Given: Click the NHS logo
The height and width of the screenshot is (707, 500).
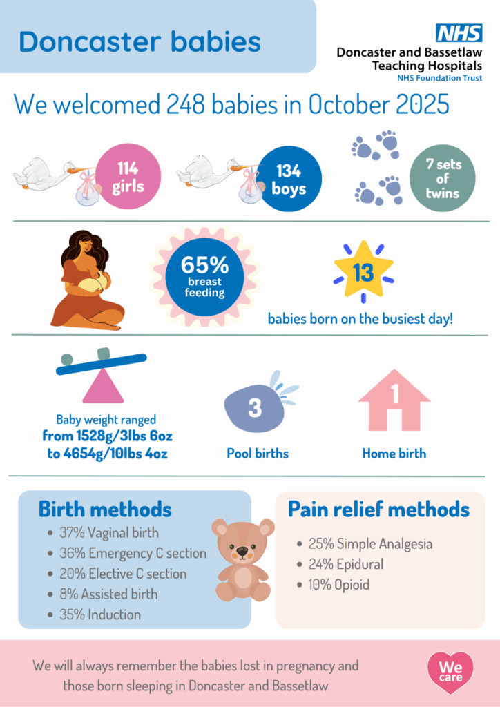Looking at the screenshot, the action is point(459,33).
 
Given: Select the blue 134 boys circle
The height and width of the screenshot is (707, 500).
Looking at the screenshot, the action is point(289,179).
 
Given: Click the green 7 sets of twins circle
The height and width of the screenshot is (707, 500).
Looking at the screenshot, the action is point(442,179).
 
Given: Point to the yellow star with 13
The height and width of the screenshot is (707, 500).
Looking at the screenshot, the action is point(363,271).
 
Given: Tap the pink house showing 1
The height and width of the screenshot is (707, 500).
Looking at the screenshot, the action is point(394,400).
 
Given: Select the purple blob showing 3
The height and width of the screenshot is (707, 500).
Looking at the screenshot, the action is point(256,407).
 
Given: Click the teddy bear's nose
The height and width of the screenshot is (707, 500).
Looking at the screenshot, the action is point(242,551).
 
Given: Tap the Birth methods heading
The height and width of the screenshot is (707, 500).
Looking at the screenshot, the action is point(105,510).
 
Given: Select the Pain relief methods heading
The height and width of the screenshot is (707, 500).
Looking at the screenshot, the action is point(378,510).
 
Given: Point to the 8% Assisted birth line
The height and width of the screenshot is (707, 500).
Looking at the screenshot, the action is point(104,594).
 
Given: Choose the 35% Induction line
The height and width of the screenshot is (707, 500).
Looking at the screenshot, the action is point(95,614).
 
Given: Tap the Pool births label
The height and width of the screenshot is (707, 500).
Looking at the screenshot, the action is point(258,453).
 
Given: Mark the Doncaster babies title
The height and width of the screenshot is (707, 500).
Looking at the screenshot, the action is point(140,41).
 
